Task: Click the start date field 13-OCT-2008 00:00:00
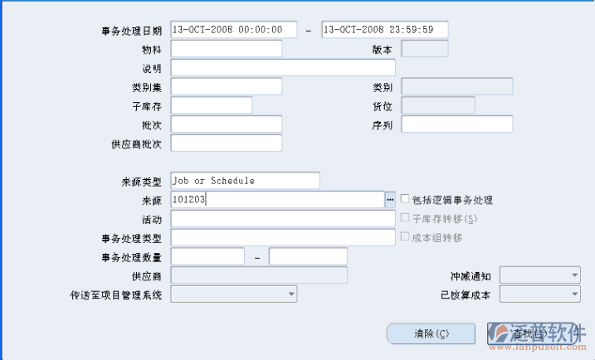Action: point(232,30)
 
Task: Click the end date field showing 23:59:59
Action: point(384,30)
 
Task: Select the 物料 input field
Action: point(226,49)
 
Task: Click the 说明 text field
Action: point(282,68)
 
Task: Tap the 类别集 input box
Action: point(226,86)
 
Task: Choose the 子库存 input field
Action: point(211,105)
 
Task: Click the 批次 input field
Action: point(226,124)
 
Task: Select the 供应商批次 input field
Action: point(226,144)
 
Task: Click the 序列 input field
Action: point(456,124)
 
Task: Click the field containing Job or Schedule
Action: point(244,181)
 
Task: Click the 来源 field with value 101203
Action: point(276,200)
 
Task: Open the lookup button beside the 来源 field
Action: point(390,200)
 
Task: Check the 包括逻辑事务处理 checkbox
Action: point(405,200)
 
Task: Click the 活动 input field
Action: point(282,219)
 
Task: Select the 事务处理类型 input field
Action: point(282,238)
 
